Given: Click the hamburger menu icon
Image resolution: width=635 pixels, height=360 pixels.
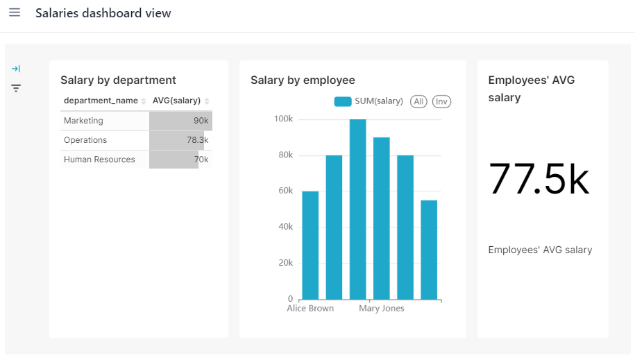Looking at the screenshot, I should (x=15, y=13).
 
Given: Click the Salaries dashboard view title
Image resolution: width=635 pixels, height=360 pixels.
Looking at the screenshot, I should (x=103, y=13).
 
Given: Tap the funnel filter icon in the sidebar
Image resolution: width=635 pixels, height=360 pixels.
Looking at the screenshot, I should (x=16, y=88).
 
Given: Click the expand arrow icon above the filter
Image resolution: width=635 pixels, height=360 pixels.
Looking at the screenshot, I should (x=16, y=69).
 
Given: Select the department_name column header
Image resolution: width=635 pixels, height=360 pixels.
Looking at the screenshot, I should (x=101, y=101).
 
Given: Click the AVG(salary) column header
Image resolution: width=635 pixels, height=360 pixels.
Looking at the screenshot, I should (x=176, y=101).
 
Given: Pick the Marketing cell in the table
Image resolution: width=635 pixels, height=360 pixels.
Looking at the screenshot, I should (x=83, y=121).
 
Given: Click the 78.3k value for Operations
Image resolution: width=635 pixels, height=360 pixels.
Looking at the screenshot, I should (x=197, y=140).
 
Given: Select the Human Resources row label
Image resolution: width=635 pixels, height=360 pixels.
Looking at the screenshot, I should (x=99, y=160).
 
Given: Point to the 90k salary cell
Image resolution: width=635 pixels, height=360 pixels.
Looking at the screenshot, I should (x=201, y=121).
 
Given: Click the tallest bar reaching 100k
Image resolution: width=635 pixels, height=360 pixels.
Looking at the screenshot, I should (x=357, y=209).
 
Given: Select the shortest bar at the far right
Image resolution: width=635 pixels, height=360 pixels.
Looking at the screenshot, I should (x=429, y=250).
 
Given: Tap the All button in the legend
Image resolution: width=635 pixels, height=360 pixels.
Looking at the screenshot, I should (x=418, y=101).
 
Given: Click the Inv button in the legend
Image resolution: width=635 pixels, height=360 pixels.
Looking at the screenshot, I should (x=441, y=101).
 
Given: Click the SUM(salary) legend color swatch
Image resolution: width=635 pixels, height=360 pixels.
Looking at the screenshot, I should (x=343, y=101).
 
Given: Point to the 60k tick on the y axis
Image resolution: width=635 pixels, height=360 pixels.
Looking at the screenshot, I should (x=285, y=191).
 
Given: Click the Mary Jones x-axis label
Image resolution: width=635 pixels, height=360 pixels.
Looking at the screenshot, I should (x=381, y=309).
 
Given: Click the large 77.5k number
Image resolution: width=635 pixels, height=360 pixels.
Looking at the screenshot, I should (x=539, y=178).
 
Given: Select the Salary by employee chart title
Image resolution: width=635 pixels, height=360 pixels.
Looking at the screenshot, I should (x=303, y=80).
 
